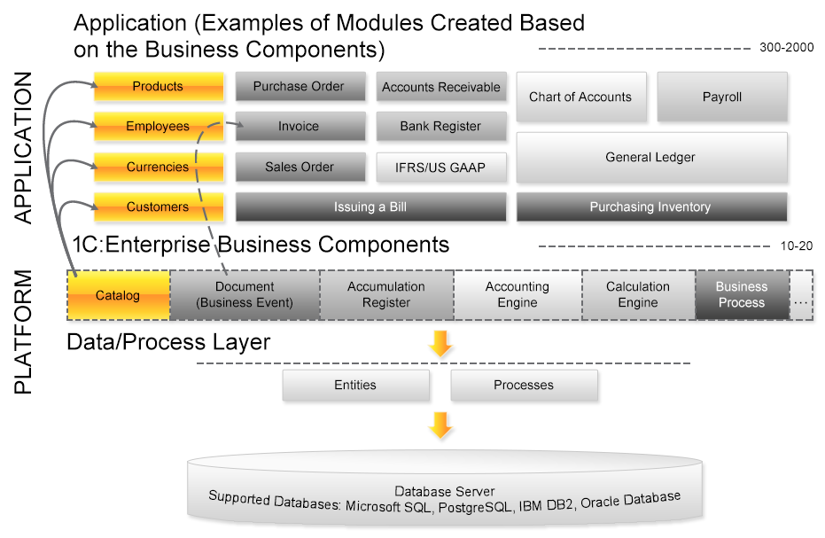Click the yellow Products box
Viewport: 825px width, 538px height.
[x=159, y=87]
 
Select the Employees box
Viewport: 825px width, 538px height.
[x=159, y=127]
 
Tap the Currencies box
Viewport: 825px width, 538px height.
[x=159, y=168]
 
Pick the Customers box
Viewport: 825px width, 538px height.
[x=159, y=207]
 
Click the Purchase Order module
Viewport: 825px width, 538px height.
[x=300, y=87]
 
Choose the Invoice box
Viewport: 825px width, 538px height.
[x=300, y=127]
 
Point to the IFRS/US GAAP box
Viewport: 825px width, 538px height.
[x=440, y=168]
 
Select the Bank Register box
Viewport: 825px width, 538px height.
[x=440, y=127]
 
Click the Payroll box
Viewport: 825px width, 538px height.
[x=721, y=97]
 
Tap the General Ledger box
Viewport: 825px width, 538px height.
[x=650, y=158]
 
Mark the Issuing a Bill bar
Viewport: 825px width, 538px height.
[x=370, y=207]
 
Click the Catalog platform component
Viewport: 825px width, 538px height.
[x=118, y=295]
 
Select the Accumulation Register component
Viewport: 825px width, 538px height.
[x=386, y=295]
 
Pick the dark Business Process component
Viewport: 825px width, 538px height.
[x=741, y=295]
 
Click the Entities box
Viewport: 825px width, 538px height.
[x=355, y=386]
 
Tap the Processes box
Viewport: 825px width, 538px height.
[x=524, y=386]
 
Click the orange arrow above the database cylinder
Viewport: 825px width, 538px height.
[x=440, y=425]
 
